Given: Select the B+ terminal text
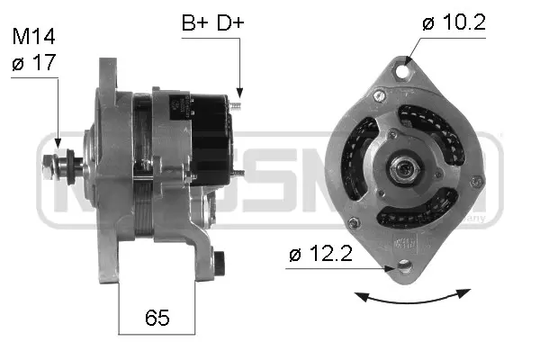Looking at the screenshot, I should tap(195, 23).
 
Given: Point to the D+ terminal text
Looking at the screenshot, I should tap(229, 23).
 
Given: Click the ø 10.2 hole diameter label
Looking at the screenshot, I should tap(454, 22).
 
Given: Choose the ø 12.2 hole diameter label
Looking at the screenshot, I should tap(320, 256).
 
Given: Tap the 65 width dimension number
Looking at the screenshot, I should tap(157, 318).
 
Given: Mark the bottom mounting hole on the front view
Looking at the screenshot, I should tap(402, 267).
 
